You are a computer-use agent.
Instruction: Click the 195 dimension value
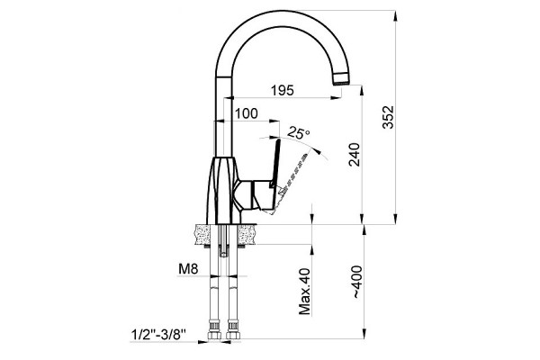(283, 90)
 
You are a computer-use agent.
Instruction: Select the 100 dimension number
(246, 113)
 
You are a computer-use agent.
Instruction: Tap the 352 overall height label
(388, 117)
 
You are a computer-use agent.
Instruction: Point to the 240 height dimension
(354, 155)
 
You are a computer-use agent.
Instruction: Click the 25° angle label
(298, 132)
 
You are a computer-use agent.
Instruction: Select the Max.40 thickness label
(304, 292)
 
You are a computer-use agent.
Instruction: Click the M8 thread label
(188, 269)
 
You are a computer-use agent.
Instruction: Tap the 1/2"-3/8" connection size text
(158, 335)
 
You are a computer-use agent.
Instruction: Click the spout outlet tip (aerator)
(342, 79)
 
